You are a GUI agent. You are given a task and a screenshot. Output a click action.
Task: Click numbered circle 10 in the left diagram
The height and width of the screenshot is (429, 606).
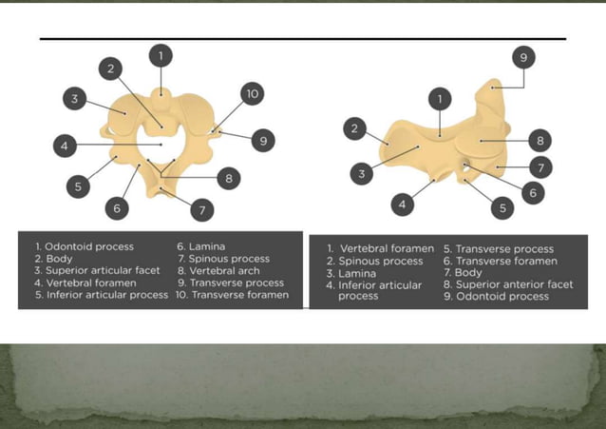coord(252,93)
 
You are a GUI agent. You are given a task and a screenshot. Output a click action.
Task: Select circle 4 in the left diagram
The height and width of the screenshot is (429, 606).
coord(64,146)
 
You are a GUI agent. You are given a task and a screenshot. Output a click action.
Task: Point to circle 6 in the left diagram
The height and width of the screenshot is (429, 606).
coord(117,207)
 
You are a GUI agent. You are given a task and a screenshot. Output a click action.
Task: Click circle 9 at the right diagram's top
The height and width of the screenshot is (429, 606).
coord(522,57)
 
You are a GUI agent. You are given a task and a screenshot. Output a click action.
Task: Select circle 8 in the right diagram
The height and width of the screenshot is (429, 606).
coord(540,141)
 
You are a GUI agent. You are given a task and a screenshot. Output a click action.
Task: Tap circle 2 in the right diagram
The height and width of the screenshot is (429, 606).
coord(354,128)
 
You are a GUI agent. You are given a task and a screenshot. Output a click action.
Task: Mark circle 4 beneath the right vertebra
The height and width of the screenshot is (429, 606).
coord(402,204)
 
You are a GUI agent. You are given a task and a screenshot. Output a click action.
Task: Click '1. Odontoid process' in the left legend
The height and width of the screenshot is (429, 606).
coord(84,246)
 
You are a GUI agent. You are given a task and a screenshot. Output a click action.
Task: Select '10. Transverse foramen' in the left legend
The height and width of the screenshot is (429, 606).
coord(232,295)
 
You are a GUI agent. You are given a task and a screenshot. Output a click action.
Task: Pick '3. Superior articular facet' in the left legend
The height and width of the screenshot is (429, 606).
coord(97,270)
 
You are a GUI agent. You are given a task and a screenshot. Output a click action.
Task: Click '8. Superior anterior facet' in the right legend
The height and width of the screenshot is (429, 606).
coord(507,284)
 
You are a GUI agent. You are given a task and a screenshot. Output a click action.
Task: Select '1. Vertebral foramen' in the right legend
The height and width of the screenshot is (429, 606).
coord(380,248)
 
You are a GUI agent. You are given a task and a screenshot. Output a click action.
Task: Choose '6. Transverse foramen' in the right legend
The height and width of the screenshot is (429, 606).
coord(500,261)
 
